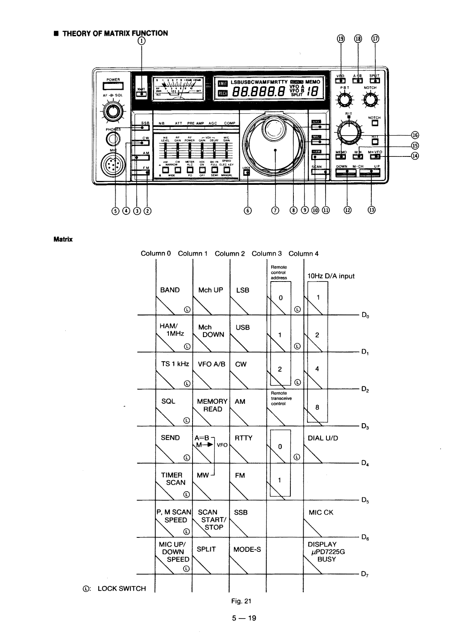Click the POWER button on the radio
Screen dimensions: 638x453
[x=113, y=86]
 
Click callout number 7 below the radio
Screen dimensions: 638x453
[x=275, y=210]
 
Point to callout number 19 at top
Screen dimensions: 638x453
[x=341, y=39]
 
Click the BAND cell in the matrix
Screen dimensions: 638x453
[x=170, y=290]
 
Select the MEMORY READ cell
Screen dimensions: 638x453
[x=212, y=405]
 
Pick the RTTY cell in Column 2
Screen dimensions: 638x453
[x=243, y=438]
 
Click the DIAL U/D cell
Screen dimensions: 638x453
[x=323, y=438]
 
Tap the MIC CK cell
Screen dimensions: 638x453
[x=321, y=513]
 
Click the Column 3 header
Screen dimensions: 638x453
[x=266, y=254]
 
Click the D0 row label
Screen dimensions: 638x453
[x=365, y=316]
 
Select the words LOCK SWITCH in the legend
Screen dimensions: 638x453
[x=121, y=588]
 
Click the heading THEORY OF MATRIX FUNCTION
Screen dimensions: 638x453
[x=115, y=33]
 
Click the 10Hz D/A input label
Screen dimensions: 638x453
[x=331, y=276]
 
